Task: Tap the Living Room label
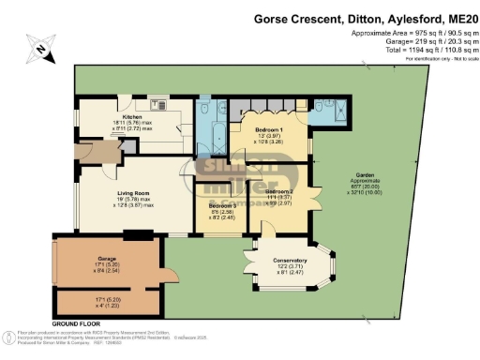(121, 166)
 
